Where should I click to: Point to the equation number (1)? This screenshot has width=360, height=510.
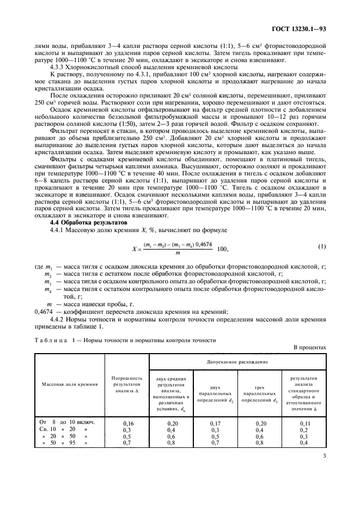coord(322,246)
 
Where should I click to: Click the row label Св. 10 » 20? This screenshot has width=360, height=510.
coord(63,429)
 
